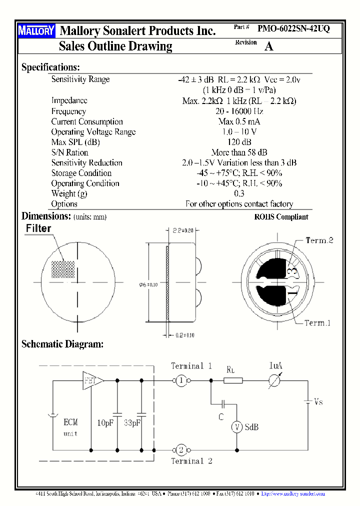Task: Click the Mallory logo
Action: [x=36, y=31]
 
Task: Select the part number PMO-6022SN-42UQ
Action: [x=293, y=29]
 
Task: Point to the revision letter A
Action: [x=268, y=46]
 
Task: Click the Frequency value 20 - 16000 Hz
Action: [x=239, y=111]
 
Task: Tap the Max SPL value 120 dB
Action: [x=239, y=142]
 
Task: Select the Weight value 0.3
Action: [x=239, y=193]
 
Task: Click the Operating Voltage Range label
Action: [x=93, y=132]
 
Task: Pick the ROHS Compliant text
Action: [x=281, y=217]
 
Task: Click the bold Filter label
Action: [x=38, y=228]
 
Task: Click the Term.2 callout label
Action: [x=319, y=240]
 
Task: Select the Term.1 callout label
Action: [x=317, y=323]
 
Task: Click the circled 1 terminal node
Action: [x=181, y=381]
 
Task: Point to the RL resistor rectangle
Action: [x=232, y=381]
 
